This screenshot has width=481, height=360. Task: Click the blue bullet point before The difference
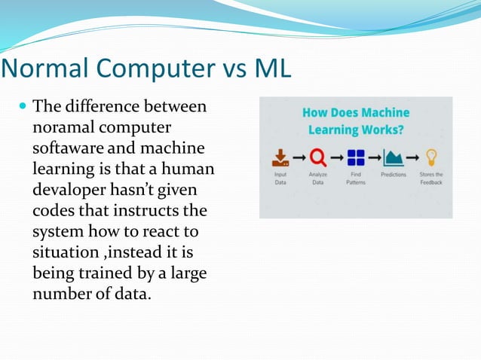pyautogui.click(x=22, y=108)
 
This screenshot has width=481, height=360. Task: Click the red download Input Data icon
pyautogui.click(x=280, y=157)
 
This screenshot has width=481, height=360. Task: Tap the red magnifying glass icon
pyautogui.click(x=318, y=158)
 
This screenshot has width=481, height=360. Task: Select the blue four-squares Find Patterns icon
pyautogui.click(x=356, y=158)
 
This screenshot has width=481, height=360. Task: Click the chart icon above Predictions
pyautogui.click(x=394, y=158)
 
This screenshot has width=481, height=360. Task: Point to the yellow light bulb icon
pyautogui.click(x=431, y=157)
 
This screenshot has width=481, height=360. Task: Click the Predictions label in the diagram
pyautogui.click(x=394, y=175)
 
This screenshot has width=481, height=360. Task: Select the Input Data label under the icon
pyautogui.click(x=280, y=178)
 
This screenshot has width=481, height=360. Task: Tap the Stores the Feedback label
pyautogui.click(x=431, y=178)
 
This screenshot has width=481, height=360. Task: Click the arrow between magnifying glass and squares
pyautogui.click(x=337, y=158)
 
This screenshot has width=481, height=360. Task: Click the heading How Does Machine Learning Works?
pyautogui.click(x=356, y=121)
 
